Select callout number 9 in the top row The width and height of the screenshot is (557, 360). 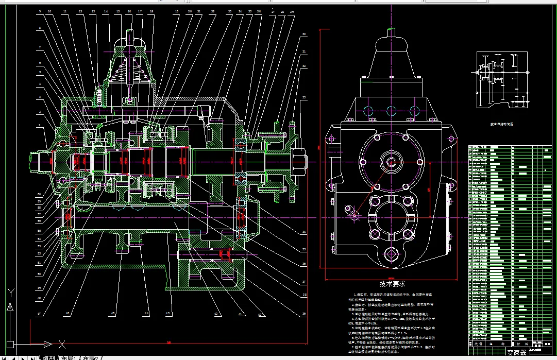40,11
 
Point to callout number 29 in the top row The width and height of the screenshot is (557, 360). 292,11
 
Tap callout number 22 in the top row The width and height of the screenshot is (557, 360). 213,11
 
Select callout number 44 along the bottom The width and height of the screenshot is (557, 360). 146,313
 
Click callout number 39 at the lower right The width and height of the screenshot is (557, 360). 305,313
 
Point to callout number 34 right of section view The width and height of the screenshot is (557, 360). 305,233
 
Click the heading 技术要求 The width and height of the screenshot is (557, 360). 393,283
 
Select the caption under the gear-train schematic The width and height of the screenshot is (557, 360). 500,124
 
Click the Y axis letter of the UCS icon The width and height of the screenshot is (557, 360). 10,294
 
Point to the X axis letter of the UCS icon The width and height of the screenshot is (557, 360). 61,344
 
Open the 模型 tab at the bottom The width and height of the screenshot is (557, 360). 48,357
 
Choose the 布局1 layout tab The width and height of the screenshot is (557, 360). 68,357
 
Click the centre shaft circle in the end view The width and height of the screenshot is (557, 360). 390,162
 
